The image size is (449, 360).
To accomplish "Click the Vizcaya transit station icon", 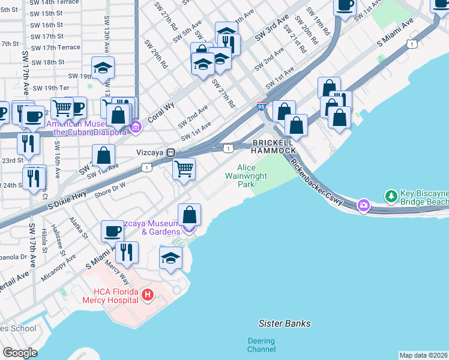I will [171, 153].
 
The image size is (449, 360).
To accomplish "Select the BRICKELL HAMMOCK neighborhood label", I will [274, 146].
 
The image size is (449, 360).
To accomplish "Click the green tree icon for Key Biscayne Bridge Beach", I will [391, 196].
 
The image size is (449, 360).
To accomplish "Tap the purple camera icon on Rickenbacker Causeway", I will [363, 206].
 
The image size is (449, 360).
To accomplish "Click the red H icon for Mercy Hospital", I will [148, 295].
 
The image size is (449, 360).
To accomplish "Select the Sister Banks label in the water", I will [285, 323].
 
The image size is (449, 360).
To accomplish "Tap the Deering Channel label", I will [261, 345].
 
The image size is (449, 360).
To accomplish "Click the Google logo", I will [20, 353].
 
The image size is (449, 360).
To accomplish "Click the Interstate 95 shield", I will [261, 106].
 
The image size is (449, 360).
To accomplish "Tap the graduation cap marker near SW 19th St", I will [103, 69].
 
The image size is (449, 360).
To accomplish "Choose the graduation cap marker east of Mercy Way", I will [171, 258].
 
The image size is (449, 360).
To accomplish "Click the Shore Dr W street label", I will [110, 188].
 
